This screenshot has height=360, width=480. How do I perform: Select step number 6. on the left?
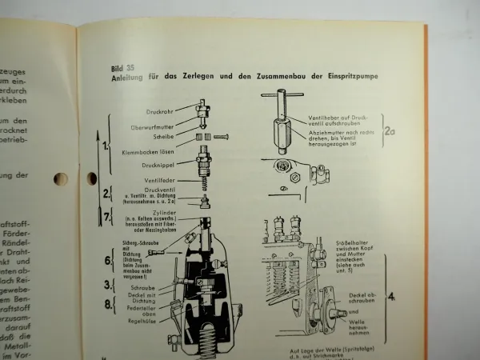(109, 261)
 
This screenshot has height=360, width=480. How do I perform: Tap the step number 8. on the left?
(109, 303)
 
